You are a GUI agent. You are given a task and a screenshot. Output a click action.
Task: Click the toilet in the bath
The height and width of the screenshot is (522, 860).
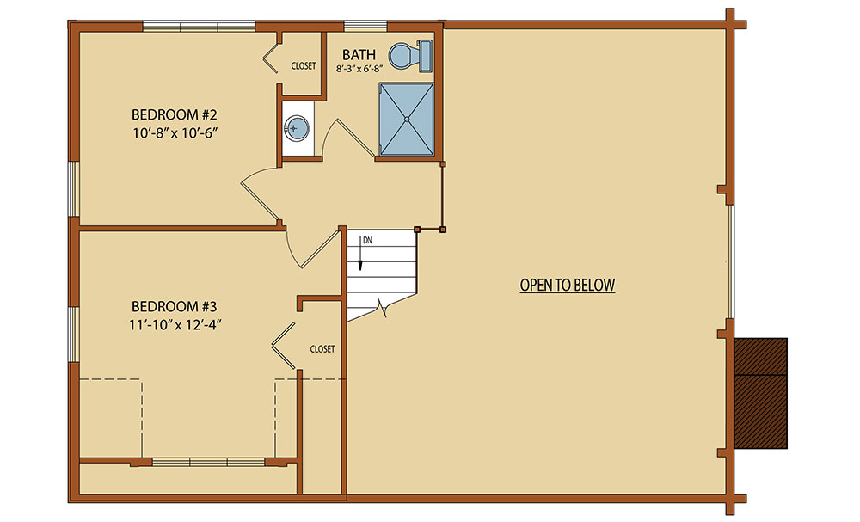[x=411, y=56]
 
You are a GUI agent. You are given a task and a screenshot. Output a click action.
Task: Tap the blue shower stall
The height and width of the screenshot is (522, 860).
[x=407, y=119]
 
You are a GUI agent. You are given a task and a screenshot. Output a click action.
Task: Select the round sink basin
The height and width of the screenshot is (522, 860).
[x=296, y=129]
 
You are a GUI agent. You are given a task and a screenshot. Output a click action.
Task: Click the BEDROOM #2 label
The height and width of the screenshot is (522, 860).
[x=175, y=114]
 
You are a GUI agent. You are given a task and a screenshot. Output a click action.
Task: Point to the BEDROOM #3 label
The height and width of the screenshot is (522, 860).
[x=175, y=306]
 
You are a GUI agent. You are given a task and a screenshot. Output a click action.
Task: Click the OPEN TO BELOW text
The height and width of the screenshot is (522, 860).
[x=568, y=286]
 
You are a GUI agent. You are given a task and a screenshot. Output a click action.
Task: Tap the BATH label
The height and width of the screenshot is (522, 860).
[x=359, y=55]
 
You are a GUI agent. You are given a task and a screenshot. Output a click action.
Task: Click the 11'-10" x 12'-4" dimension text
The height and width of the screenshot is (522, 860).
[x=175, y=324]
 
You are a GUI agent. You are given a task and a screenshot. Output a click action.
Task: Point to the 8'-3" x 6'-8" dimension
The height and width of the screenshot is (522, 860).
[x=359, y=69]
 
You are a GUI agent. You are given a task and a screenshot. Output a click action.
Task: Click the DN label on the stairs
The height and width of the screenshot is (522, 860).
[x=367, y=240]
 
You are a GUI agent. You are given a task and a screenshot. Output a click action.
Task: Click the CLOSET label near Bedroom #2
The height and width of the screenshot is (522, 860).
[x=304, y=66]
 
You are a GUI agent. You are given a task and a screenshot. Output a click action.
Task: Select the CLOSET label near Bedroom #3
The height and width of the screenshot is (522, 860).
[x=322, y=349]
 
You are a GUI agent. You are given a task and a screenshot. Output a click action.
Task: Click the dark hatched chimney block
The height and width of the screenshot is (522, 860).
[x=761, y=393]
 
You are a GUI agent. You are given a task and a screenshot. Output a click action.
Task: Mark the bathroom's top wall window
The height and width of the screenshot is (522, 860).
[x=365, y=26]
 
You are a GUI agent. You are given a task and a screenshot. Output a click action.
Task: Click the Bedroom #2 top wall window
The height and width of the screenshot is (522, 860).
[x=200, y=26]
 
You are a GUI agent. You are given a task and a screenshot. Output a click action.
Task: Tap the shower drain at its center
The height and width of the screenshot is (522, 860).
[x=407, y=119]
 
